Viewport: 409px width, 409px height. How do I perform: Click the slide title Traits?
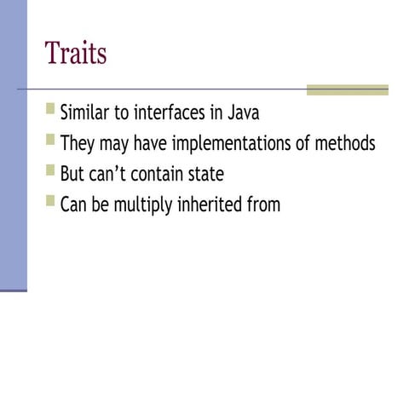76,53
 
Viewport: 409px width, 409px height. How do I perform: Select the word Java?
242,113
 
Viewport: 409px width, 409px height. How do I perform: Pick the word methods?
344,143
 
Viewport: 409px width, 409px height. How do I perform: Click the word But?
73,174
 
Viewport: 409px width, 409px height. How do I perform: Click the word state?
207,174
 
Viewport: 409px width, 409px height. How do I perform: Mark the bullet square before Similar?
51,110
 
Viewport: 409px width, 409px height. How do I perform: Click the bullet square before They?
51,140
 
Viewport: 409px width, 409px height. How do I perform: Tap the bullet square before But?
51,170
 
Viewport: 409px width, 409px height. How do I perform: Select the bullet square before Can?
51,201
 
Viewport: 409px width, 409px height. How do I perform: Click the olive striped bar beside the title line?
347,89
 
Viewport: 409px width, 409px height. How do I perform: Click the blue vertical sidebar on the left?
13,145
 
